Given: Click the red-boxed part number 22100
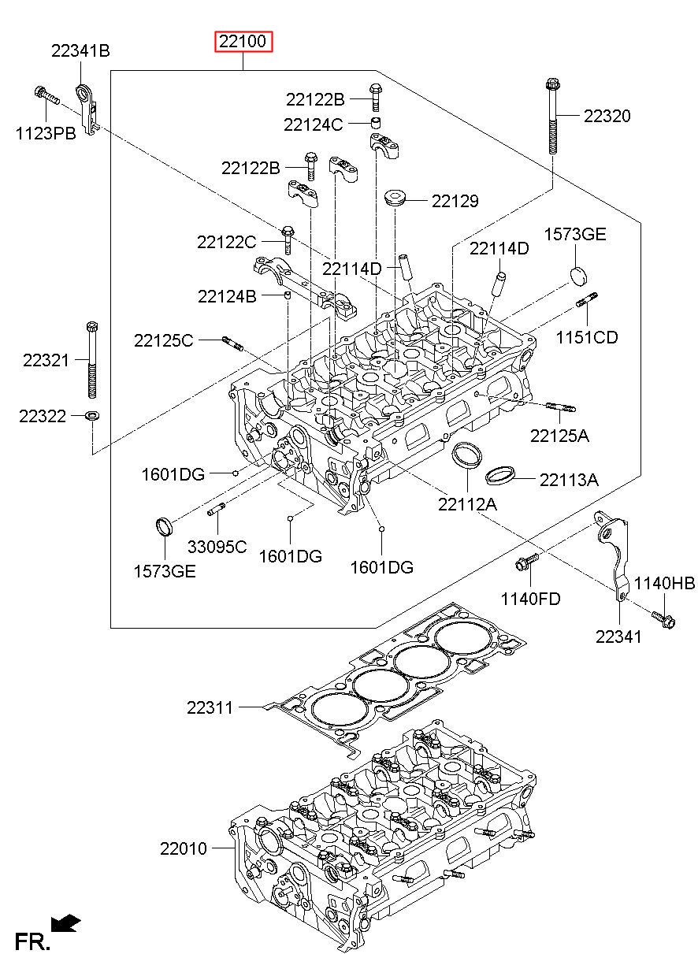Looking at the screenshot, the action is click(x=243, y=41).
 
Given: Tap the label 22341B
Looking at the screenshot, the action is click(x=80, y=50).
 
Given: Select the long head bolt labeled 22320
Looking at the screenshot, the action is click(x=552, y=116).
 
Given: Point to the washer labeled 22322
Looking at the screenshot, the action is click(x=92, y=414).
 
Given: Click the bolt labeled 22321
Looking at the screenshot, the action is click(x=92, y=360).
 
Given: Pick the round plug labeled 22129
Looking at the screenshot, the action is click(x=395, y=199).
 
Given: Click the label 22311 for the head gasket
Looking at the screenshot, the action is click(x=210, y=707).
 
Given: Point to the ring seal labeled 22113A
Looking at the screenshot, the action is click(x=500, y=475).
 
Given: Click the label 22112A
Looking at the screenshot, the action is click(x=467, y=504).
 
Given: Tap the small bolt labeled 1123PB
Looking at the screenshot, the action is click(x=46, y=96).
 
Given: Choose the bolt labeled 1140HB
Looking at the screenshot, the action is click(x=663, y=620).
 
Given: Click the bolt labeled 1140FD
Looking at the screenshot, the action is click(x=527, y=562).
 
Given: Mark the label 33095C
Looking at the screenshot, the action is click(x=217, y=547).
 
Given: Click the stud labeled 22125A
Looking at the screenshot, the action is click(x=560, y=407).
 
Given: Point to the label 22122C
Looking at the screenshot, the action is click(x=227, y=243).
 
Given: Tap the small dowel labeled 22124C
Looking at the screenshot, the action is click(x=376, y=122).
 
